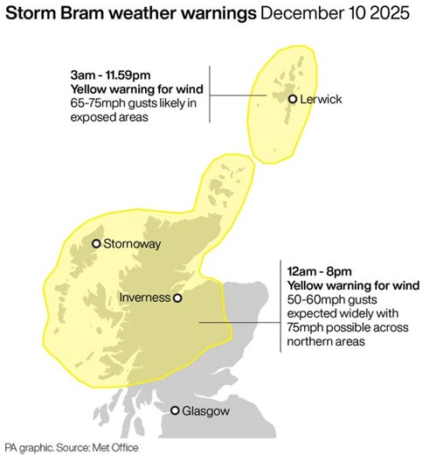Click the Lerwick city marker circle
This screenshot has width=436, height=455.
point(293,100)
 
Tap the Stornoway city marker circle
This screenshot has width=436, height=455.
point(96,244)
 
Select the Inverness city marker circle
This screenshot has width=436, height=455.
point(177,297)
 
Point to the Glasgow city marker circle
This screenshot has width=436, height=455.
point(176,410)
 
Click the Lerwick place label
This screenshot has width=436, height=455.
point(321,100)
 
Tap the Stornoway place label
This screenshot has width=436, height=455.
point(132,244)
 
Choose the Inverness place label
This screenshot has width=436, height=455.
point(144,297)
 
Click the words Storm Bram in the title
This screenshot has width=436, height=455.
point(59,15)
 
